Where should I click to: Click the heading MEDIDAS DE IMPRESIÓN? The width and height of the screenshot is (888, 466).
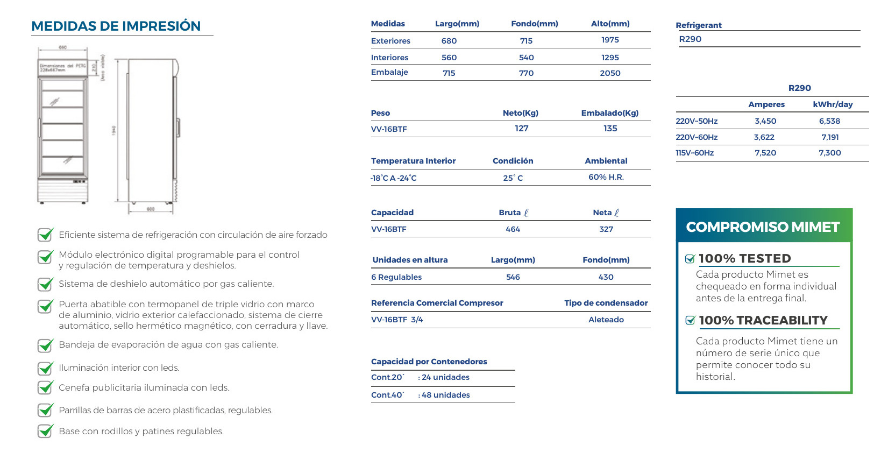click(x=116, y=26)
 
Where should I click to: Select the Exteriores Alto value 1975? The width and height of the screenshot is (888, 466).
click(x=610, y=40)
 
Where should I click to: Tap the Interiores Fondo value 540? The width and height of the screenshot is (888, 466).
click(x=526, y=58)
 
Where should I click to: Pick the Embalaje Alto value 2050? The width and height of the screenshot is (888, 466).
click(x=610, y=73)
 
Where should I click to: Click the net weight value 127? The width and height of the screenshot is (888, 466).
click(x=521, y=129)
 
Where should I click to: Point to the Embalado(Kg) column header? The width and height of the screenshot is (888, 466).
click(x=609, y=113)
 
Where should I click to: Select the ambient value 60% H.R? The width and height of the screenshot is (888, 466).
click(x=606, y=177)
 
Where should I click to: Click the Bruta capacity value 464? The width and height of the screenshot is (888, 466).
click(x=513, y=229)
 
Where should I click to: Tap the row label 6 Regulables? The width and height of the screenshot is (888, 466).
click(x=396, y=277)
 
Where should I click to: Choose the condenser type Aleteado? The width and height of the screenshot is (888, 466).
click(x=606, y=320)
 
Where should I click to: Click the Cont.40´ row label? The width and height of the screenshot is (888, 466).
click(x=387, y=395)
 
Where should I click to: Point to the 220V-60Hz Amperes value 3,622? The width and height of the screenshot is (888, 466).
click(x=764, y=137)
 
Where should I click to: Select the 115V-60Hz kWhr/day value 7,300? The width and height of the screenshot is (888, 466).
click(x=829, y=153)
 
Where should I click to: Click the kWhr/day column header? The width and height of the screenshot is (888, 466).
click(x=832, y=104)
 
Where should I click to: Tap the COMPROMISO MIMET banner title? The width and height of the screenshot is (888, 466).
click(x=762, y=227)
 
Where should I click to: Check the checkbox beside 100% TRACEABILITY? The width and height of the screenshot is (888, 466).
click(x=690, y=321)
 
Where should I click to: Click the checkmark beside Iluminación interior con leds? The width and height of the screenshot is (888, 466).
click(x=45, y=368)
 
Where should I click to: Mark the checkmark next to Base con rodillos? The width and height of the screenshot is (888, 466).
click(x=45, y=431)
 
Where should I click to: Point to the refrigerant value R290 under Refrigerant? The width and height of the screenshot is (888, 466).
click(x=690, y=39)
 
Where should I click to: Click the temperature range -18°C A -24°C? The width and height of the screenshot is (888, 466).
click(x=393, y=178)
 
